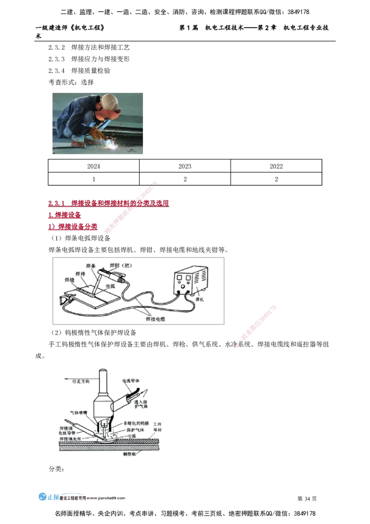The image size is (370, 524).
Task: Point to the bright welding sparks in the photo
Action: pyautogui.click(x=112, y=146)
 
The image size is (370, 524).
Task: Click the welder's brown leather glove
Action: pyautogui.click(x=97, y=134)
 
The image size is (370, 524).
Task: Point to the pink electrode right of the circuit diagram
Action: pyautogui.click(x=255, y=327)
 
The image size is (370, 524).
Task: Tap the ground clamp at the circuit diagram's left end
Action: pyautogui.click(x=65, y=301)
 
